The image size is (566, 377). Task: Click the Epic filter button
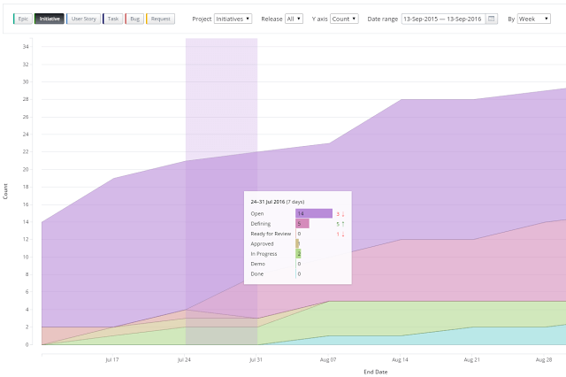24,19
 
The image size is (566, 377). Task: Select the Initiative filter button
50,19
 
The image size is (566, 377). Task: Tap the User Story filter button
83,19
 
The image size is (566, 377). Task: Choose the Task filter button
113,19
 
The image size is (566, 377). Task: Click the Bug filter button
134,19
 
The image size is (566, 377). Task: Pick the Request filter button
160,19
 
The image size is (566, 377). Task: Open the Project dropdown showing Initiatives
233,19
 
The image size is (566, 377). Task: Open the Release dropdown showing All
294,19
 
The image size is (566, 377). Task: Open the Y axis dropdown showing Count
344,19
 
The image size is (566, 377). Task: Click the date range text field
442,19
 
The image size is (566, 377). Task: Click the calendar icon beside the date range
492,19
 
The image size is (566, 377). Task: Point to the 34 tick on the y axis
26,47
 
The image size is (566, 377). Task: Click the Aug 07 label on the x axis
328,360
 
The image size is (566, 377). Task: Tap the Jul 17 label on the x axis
112,360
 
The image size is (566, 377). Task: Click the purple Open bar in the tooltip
313,213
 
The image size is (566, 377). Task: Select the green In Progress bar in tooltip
299,254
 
